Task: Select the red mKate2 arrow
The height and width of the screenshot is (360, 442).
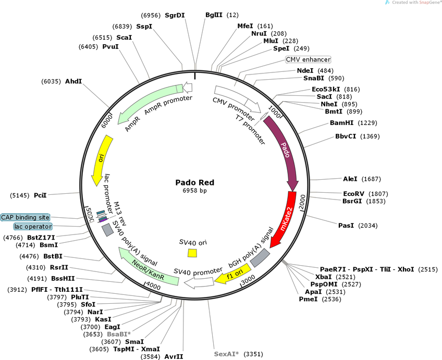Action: coord(285,219)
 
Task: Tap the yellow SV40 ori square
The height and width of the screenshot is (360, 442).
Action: coord(192,253)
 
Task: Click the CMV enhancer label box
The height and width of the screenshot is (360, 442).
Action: coord(308,59)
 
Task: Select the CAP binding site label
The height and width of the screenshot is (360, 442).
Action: coord(26,217)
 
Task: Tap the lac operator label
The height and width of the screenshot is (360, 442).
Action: coord(33,227)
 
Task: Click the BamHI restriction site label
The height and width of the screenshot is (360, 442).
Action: coord(342,123)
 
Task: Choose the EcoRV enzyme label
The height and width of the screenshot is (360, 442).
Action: coord(354,193)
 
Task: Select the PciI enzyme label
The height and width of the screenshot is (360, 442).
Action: coord(40,195)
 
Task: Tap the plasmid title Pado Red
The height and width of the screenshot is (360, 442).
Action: coord(194,182)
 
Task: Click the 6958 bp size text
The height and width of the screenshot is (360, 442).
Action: coord(194,191)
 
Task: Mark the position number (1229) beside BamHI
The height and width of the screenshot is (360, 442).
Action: coord(368,123)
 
